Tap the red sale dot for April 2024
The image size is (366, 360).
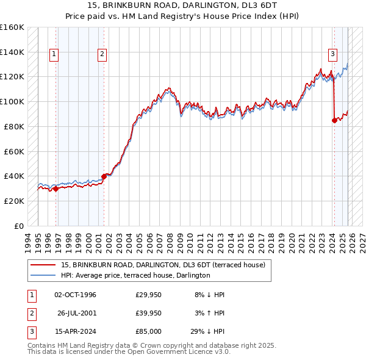tap(334, 120)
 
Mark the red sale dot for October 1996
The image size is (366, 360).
tap(56, 189)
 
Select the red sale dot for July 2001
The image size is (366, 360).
tap(104, 176)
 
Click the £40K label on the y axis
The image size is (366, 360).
tap(14, 176)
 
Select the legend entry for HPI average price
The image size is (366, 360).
tap(135, 276)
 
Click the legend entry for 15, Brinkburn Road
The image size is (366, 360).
tap(162, 265)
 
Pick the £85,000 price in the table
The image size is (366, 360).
tap(148, 331)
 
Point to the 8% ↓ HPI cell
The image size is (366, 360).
tap(209, 295)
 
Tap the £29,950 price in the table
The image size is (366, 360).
tap(148, 295)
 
